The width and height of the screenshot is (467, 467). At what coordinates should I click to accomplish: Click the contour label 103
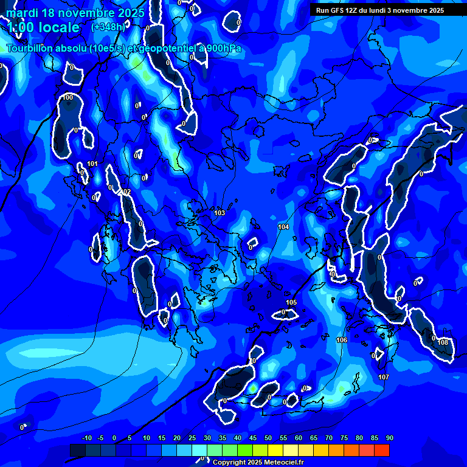(x=220, y=213)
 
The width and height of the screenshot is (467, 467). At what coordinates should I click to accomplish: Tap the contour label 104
(x=283, y=227)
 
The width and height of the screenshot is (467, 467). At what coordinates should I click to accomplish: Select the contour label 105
(x=291, y=302)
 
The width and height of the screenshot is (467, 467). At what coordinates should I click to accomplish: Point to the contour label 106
(x=342, y=340)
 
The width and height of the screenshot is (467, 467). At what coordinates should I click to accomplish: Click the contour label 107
(x=383, y=378)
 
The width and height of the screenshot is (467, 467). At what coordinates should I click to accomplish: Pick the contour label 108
(x=443, y=342)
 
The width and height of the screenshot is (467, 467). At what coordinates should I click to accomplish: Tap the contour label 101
(x=92, y=164)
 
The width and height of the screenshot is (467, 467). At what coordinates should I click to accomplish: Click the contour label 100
(x=68, y=97)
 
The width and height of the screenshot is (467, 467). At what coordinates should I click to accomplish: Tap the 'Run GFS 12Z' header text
(x=341, y=10)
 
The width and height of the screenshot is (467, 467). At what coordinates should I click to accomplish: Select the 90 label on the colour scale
(x=389, y=438)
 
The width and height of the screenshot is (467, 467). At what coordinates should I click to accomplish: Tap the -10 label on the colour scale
(x=86, y=438)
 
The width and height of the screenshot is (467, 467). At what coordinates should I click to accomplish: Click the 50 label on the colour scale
(x=268, y=438)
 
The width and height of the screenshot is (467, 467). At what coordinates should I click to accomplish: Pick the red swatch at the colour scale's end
(x=382, y=450)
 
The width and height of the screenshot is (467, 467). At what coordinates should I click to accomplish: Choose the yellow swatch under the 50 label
(x=275, y=450)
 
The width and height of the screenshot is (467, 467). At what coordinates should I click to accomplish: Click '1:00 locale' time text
(x=43, y=27)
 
